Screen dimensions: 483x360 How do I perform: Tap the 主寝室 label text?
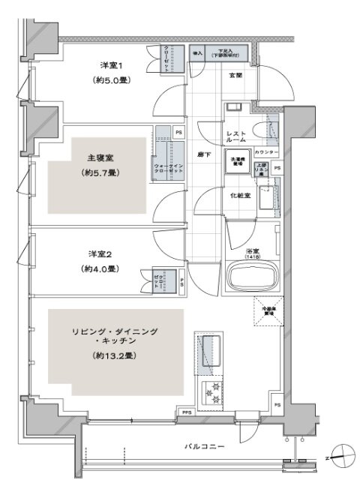pyautogui.click(x=101, y=158)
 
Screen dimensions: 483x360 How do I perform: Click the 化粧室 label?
pyautogui.click(x=239, y=195)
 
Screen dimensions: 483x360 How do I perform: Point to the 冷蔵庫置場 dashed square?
pyautogui.click(x=268, y=310)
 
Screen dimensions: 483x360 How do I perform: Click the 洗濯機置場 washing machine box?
pyautogui.click(x=239, y=162)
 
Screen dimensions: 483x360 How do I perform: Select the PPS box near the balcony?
pyautogui.click(x=185, y=411)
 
